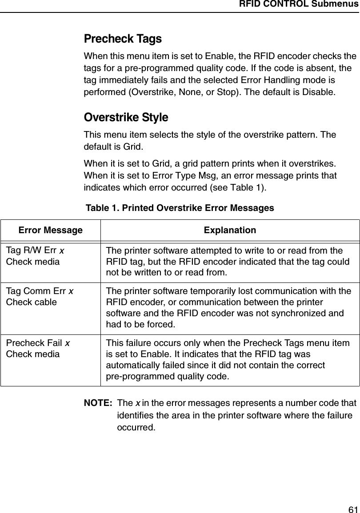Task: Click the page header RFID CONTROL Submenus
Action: pos(299,5)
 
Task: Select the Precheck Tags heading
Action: pos(123,39)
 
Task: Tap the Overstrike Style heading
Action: pos(126,118)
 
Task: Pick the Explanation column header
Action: pos(230,231)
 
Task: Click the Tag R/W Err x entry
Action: pos(35,251)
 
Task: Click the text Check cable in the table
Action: pos(31,302)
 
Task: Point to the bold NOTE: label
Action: pos(98,403)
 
